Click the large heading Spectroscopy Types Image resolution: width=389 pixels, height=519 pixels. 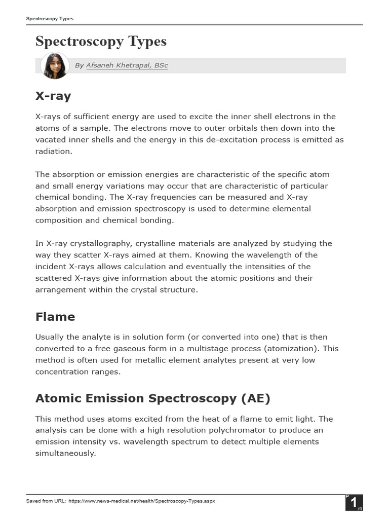101,42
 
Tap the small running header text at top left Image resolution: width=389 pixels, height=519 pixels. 50,19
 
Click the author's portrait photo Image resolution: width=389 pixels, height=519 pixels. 55,65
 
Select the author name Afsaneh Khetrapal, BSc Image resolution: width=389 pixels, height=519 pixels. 127,65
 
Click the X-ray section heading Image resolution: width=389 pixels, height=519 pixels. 53,96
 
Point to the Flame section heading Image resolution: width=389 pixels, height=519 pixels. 55,317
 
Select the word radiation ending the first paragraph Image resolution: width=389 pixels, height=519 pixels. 54,151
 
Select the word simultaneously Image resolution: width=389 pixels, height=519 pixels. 65,453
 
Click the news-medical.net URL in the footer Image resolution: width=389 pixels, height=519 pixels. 141,501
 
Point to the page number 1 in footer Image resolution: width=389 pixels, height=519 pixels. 353,503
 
